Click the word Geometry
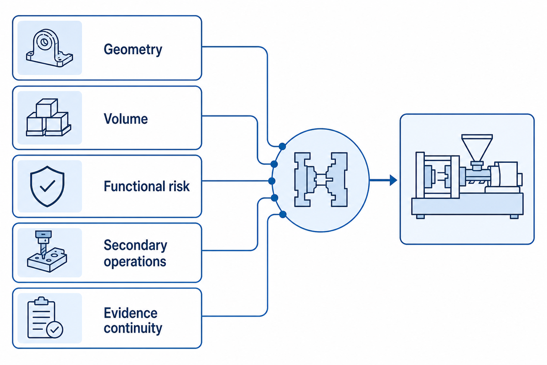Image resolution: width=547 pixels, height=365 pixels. tap(133, 50)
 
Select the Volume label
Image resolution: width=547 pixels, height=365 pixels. tap(126, 119)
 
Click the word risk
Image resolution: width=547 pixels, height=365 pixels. tap(179, 186)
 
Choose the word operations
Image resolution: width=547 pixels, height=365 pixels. tap(135, 262)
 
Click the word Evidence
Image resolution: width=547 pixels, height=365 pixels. tap(131, 313)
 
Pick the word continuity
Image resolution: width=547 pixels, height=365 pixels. tap(133, 328)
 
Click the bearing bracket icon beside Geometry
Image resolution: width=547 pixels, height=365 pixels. tap(50, 48)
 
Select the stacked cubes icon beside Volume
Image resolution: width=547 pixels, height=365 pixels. tap(49, 117)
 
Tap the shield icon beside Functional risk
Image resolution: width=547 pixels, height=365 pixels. tap(47, 186)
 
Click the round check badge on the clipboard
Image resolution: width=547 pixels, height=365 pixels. tap(54, 329)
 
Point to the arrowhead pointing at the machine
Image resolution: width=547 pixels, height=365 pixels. tap(393, 180)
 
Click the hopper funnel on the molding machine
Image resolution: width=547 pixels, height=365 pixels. tap(477, 148)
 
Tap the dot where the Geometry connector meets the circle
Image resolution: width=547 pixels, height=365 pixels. tap(282, 146)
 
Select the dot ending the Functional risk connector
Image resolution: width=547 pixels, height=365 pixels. tap(272, 181)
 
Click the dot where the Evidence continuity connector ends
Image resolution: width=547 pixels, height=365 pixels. tap(283, 214)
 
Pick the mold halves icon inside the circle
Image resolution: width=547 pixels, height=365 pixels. tap(321, 180)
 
